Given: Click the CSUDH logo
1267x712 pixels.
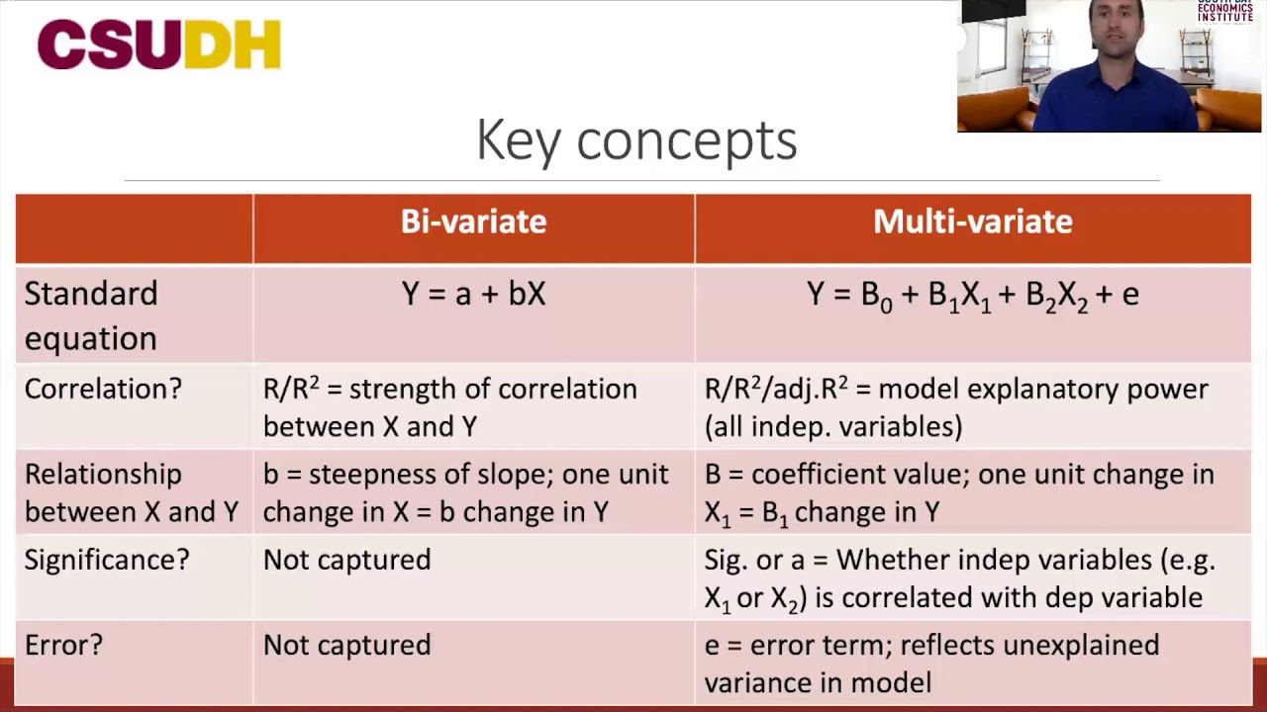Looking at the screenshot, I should (159, 45).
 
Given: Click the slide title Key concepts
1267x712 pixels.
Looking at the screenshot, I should (636, 139).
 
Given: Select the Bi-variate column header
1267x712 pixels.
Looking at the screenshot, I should (473, 222).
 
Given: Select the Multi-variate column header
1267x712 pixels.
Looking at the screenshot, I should (972, 222).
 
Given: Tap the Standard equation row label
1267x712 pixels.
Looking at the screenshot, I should (91, 315).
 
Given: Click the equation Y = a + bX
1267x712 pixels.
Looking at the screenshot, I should (473, 294).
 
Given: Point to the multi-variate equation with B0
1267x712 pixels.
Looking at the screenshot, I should (972, 295).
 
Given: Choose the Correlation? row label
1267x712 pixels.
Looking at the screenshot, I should (103, 389).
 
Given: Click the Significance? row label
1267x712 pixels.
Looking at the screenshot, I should (106, 560).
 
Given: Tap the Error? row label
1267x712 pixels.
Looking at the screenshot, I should (63, 645).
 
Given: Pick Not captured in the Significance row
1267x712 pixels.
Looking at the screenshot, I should (346, 560).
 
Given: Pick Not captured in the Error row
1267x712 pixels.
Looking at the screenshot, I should (346, 645).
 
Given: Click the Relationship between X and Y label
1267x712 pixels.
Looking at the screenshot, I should (131, 492).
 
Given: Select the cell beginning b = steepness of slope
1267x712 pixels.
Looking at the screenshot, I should (465, 492).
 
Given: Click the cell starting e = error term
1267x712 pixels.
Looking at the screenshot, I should (930, 663).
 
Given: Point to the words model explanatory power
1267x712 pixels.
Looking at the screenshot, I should (1043, 389).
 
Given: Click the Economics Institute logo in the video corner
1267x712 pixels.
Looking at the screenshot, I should (1224, 11).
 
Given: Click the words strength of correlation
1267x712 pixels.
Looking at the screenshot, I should (493, 389).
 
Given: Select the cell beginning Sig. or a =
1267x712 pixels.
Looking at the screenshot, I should (958, 578).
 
